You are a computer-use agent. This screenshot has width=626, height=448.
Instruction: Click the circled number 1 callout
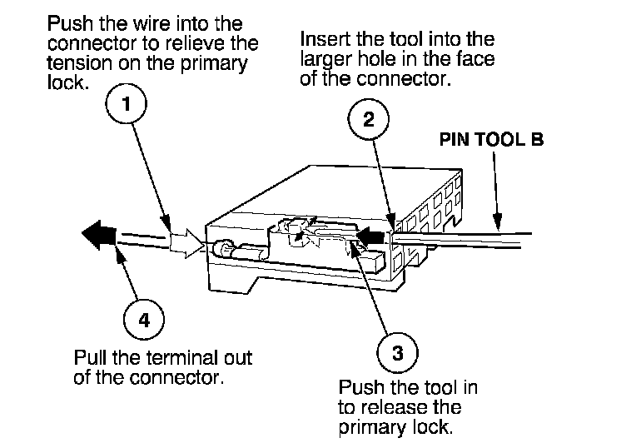pos(127,106)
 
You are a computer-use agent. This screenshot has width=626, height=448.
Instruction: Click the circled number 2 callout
pos(367,119)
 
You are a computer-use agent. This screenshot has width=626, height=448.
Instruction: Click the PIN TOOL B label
pos(491,140)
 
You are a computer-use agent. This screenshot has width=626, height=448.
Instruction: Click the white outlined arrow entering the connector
pos(185,243)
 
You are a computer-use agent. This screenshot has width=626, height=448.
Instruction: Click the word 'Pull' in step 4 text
pos(90,358)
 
